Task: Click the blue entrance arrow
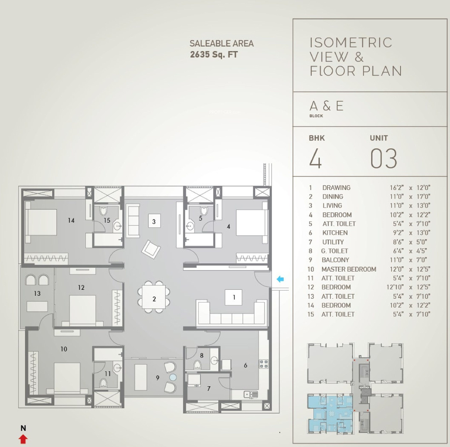pos(280,279)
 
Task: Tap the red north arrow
pos(23,439)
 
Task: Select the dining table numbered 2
pos(154,297)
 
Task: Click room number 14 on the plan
pos(71,220)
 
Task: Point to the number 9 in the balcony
pos(158,378)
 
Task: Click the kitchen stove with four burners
pos(264,364)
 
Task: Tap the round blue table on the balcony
pos(173,377)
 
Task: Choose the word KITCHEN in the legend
pos(335,232)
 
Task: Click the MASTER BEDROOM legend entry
pos(349,269)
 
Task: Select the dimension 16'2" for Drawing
pos(396,187)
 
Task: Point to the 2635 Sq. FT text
pos(214,54)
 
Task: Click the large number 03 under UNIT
pos(384,159)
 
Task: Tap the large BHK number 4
pos(316,158)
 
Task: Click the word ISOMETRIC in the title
pos(351,42)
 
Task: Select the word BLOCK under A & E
pos(316,116)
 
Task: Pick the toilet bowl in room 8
pos(197,365)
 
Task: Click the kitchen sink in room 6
pos(251,394)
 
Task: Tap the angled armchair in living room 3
pos(151,249)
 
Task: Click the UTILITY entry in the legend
pos(333,242)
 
